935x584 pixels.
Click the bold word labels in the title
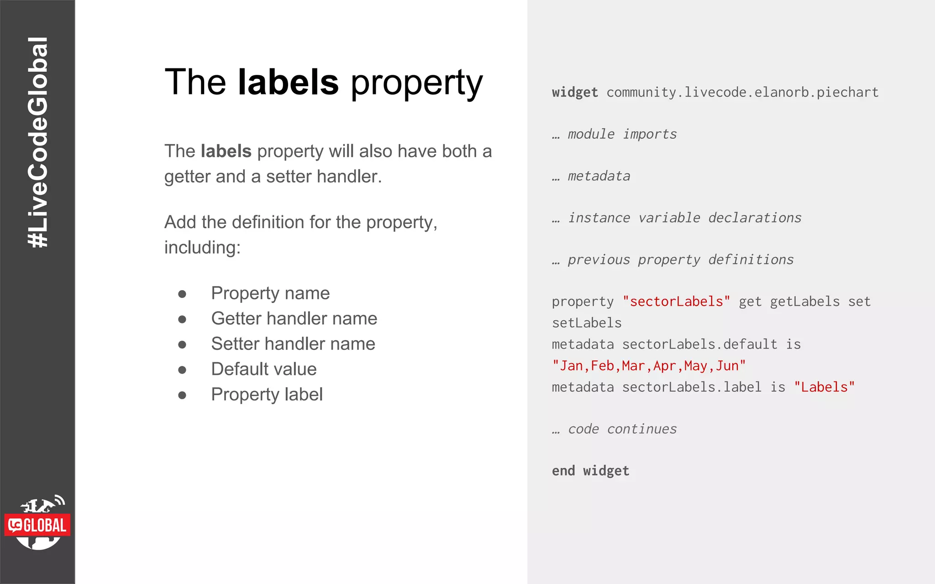pos(288,82)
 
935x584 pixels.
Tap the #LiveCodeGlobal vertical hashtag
pos(38,142)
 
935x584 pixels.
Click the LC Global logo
pos(38,524)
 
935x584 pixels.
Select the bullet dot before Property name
pos(182,294)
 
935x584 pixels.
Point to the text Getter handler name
pos(294,318)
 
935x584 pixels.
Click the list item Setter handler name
pos(293,344)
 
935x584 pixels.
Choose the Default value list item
pos(264,369)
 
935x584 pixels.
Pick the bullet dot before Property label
pos(182,395)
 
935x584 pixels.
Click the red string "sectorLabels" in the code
pos(676,302)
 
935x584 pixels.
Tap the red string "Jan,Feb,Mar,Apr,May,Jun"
pos(649,366)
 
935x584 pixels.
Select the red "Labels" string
pos(824,387)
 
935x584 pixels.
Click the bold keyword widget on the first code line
pos(575,93)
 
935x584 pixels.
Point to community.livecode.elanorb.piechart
pos(742,93)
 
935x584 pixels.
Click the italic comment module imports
pos(622,135)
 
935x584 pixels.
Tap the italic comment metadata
pos(599,177)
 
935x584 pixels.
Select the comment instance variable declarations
pos(684,218)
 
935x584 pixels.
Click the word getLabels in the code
pos(804,302)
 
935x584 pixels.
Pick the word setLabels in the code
pos(587,323)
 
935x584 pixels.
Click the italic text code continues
pos(622,429)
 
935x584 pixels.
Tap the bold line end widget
pos(590,471)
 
